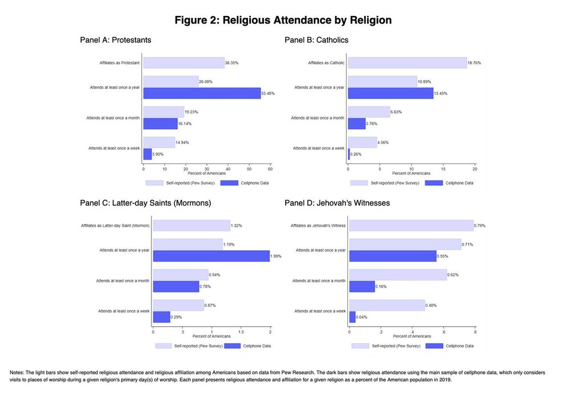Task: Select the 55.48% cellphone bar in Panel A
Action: (x=202, y=93)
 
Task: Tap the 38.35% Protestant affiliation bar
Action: (x=183, y=63)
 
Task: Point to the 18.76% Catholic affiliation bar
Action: (x=407, y=63)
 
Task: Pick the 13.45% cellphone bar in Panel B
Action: (x=390, y=93)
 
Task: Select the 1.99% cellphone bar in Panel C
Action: (x=211, y=256)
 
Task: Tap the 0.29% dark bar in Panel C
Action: (x=161, y=317)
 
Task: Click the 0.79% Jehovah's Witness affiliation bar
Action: (x=411, y=226)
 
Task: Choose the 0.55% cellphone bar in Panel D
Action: (x=393, y=256)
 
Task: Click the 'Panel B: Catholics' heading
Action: (x=316, y=40)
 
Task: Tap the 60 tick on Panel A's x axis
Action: (x=270, y=169)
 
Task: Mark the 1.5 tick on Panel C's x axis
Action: (x=241, y=332)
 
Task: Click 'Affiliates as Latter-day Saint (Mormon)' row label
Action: (x=115, y=226)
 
